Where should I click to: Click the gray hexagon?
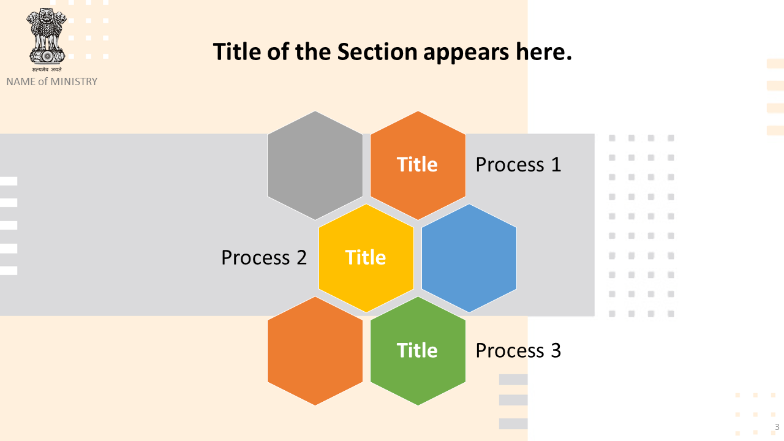[x=315, y=165]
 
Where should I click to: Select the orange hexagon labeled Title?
[x=418, y=165]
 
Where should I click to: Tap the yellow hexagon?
[x=366, y=258]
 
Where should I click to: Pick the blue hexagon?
[x=469, y=258]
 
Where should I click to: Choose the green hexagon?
[x=418, y=351]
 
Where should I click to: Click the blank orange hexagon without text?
[x=315, y=351]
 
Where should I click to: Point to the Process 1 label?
[x=518, y=165]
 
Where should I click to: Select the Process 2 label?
[x=264, y=258]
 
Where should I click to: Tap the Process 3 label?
[x=518, y=350]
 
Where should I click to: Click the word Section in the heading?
[x=377, y=52]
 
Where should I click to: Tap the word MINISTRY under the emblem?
[x=74, y=81]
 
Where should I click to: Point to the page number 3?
[x=777, y=427]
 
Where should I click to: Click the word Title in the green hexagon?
[x=417, y=350]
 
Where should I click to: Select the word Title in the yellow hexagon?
[x=366, y=258]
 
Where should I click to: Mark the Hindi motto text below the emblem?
[x=47, y=69]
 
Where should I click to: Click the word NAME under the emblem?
[x=21, y=81]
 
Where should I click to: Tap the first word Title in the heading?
[x=237, y=52]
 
